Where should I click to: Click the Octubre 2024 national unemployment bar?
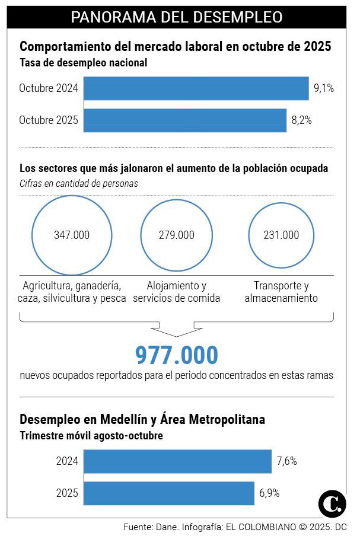196,88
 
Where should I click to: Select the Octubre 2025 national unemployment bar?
185,120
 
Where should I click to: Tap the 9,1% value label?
324,89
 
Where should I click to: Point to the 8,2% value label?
301,120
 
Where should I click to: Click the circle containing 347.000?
72,235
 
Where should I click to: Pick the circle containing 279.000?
176,235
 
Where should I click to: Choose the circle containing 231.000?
281,235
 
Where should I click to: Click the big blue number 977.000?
177,355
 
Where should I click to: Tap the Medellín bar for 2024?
178,461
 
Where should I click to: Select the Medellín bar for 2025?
170,493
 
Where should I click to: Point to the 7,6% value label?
286,461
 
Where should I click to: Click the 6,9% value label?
269,493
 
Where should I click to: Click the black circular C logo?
332,504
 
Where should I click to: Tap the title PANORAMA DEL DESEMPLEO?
177,17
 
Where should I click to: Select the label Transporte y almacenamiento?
281,292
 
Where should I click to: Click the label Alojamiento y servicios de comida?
176,292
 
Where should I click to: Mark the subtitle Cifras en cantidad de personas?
79,184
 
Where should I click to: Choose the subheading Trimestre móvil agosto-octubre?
91,436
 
